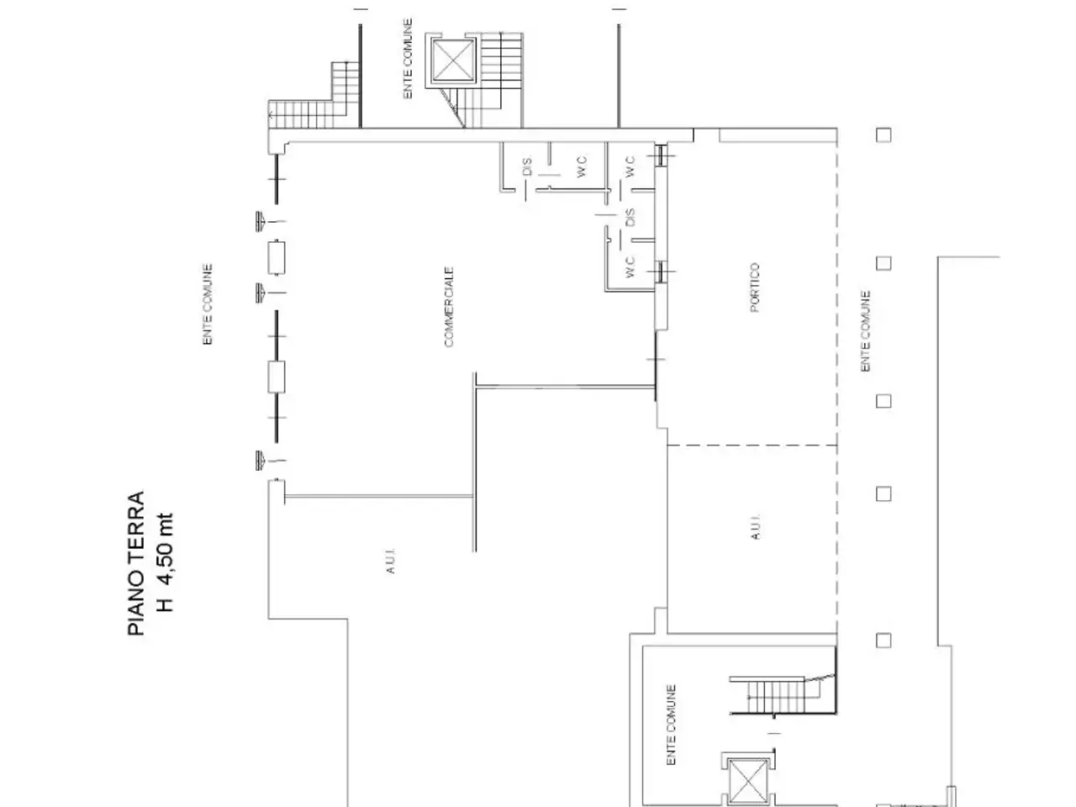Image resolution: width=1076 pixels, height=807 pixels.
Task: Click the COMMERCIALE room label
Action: click(449, 307)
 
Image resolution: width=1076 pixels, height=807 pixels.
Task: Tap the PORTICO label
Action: click(754, 287)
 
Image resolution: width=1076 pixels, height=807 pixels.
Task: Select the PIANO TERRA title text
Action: click(136, 563)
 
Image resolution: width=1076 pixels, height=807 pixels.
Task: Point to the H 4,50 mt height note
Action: click(166, 562)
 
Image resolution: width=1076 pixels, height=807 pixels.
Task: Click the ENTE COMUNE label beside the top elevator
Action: click(408, 59)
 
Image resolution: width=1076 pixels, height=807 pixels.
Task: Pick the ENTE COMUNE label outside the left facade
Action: click(208, 304)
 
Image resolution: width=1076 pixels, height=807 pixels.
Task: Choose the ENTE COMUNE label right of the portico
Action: click(865, 331)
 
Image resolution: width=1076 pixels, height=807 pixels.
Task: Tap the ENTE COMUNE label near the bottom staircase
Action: click(671, 725)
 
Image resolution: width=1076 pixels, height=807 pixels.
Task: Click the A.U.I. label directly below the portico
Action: click(756, 527)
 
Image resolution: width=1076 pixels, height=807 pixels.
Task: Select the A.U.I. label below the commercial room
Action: click(390, 561)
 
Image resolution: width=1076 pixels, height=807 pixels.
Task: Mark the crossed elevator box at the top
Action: click(454, 61)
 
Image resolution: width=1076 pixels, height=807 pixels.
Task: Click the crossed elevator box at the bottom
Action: click(748, 781)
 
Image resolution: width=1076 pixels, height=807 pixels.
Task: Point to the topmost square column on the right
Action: click(883, 134)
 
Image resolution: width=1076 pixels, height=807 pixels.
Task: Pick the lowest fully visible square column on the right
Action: click(883, 641)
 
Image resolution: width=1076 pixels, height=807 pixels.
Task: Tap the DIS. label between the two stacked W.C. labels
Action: click(630, 218)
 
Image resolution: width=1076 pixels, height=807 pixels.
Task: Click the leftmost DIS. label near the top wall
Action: click(527, 166)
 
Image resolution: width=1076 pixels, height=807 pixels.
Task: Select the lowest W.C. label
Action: click(630, 266)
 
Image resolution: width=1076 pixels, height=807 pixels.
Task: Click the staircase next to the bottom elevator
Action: click(783, 696)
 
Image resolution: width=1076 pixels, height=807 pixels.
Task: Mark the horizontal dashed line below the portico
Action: click(752, 446)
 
